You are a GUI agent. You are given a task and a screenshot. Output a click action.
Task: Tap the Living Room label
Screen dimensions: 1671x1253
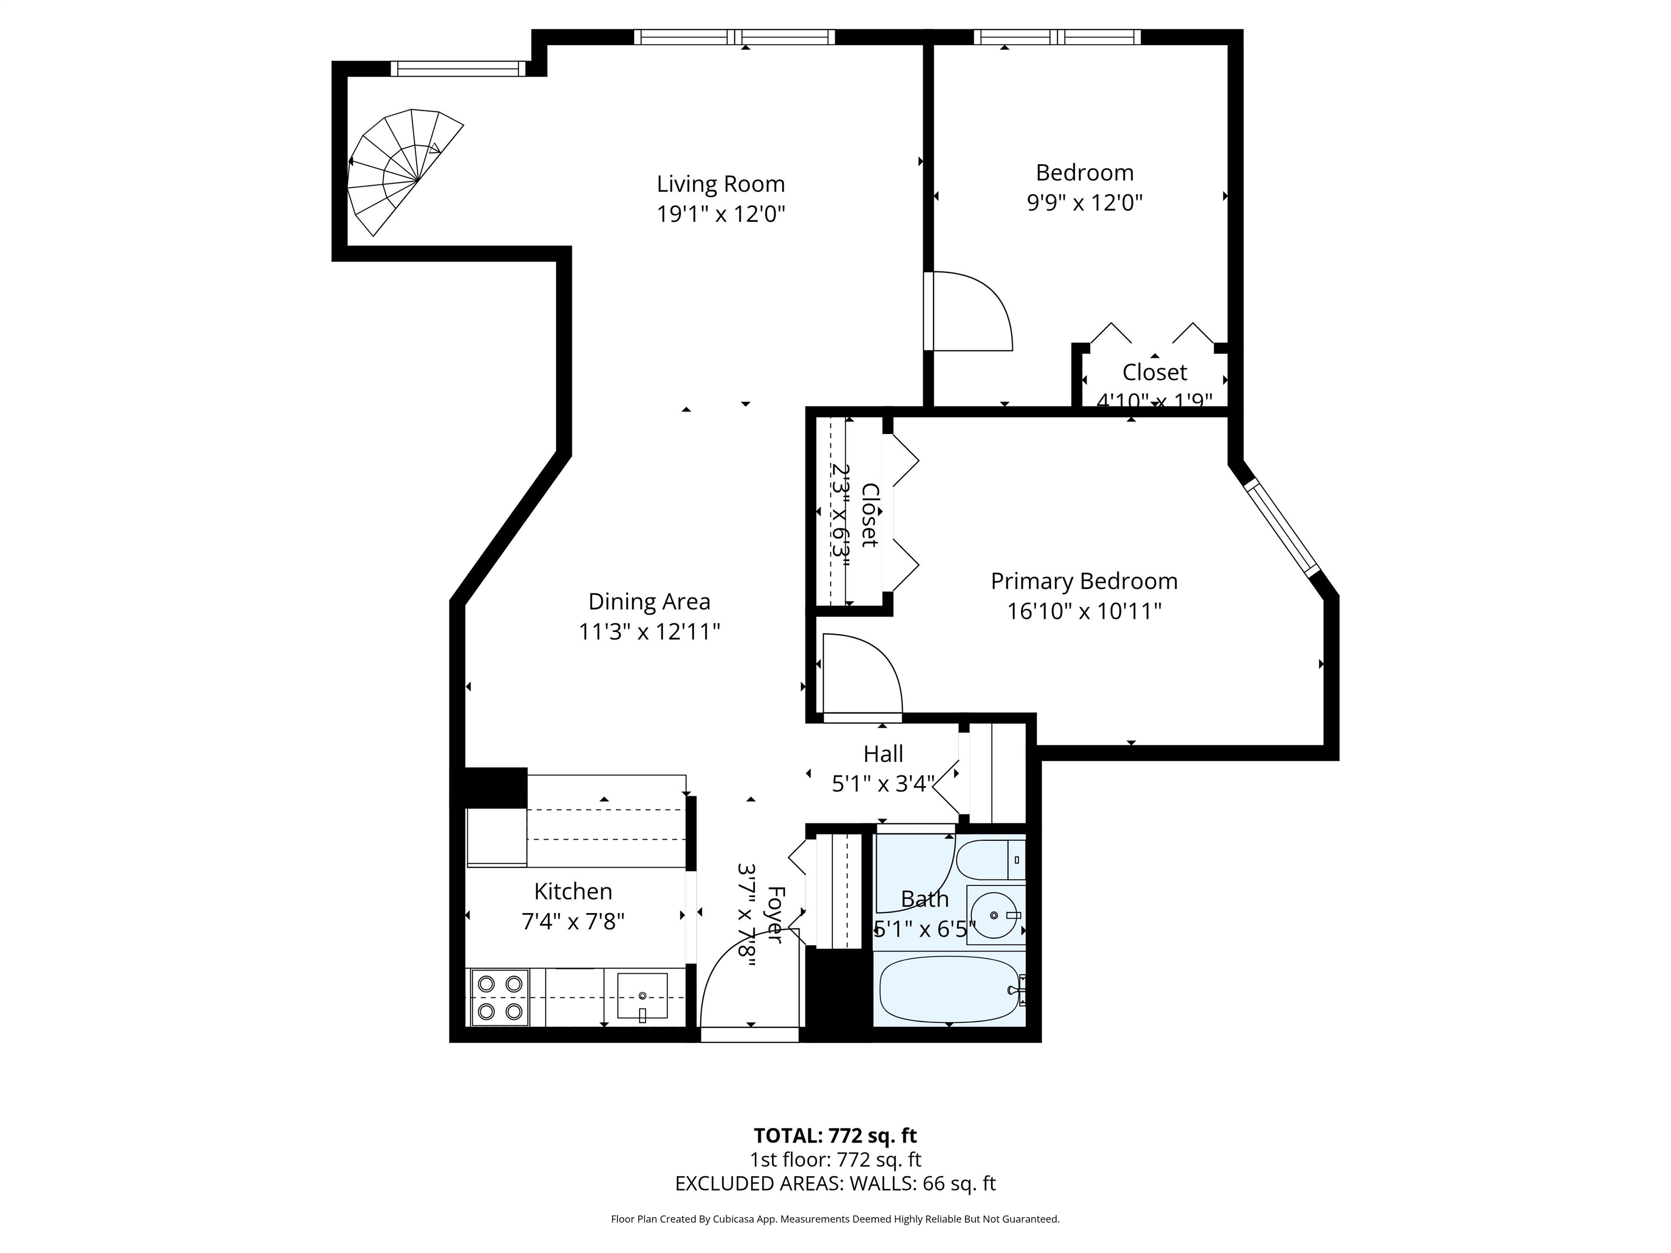(x=721, y=184)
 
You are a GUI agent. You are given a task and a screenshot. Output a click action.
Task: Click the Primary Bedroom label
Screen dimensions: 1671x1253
(x=1084, y=581)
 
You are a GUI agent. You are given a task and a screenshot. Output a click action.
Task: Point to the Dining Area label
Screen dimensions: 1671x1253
(x=649, y=602)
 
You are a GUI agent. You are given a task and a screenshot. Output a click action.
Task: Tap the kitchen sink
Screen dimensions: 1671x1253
(x=642, y=997)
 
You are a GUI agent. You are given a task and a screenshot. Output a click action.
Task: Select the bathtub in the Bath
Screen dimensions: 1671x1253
(x=950, y=989)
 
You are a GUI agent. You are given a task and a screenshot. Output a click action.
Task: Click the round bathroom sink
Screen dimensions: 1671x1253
(x=994, y=915)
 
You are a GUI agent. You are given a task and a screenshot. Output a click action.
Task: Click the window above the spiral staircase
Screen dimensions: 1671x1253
(x=458, y=69)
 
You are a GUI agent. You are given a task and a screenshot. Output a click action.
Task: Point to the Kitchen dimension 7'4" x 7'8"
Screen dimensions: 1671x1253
(x=573, y=922)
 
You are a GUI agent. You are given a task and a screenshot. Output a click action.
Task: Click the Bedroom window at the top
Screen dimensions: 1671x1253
(x=1057, y=37)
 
